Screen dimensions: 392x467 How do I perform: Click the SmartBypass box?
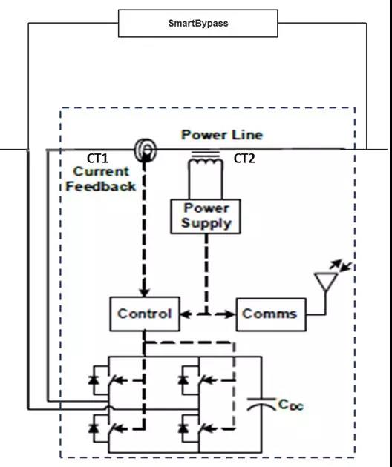pos(198,23)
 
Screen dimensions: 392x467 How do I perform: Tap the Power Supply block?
pos(206,216)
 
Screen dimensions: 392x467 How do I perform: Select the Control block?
pos(145,314)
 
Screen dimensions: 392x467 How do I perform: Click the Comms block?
pos(271,314)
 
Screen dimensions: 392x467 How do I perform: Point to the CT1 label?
pos(97,159)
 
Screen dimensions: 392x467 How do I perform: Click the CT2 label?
pos(244,159)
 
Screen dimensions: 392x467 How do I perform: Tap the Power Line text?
pos(222,135)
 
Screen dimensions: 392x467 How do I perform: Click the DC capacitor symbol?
pos(261,403)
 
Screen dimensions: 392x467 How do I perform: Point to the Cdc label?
pos(290,405)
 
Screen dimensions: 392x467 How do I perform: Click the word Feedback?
pos(100,187)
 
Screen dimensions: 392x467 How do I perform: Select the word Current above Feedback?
pos(101,171)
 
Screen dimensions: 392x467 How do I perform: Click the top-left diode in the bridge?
pos(94,380)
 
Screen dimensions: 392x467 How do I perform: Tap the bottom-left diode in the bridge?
pos(94,428)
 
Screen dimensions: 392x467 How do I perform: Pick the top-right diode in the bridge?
pos(183,380)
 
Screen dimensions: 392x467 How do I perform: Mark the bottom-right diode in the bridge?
pos(183,428)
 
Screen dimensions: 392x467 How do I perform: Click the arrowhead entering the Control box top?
pos(145,291)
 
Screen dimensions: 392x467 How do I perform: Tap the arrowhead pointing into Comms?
pos(229,314)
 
